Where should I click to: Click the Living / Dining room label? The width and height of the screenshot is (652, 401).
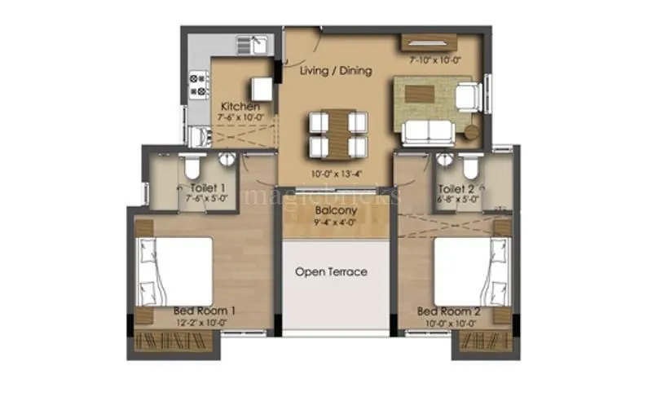click(x=335, y=71)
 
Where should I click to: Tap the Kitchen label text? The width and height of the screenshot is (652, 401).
click(x=240, y=107)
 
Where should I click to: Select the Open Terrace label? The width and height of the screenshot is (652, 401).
click(x=331, y=271)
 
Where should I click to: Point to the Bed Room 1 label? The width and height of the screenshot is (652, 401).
click(x=205, y=311)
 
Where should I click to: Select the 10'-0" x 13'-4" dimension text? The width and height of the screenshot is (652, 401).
click(x=333, y=174)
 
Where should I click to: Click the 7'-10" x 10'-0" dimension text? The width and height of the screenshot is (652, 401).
click(x=436, y=60)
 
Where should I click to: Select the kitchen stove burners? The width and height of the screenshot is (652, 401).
click(x=199, y=85)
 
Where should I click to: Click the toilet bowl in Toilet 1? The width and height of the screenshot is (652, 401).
click(x=190, y=167)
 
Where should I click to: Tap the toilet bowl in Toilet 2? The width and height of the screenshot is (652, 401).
click(x=469, y=166)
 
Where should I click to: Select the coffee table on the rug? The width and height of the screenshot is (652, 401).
click(x=425, y=91)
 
